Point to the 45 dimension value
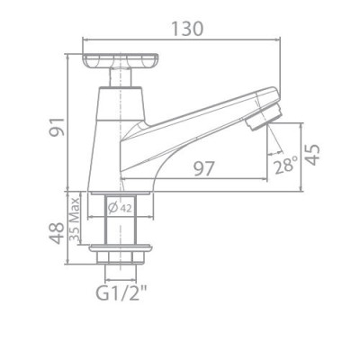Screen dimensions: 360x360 pos(311,155)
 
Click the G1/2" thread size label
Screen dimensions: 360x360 pos(121,294)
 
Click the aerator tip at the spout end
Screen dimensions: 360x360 pos(267,116)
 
